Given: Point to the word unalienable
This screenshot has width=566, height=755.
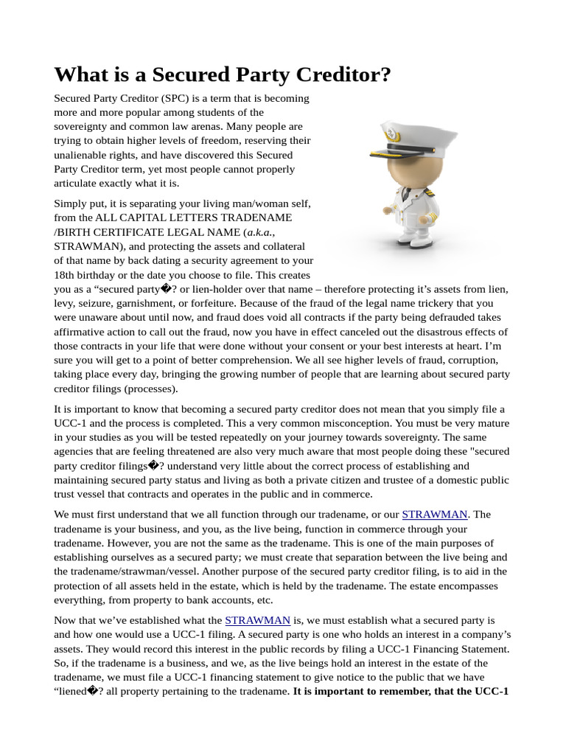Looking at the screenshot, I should [82, 155].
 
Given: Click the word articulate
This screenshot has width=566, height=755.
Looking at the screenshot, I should [77, 183].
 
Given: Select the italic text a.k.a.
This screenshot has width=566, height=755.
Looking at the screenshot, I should [259, 232].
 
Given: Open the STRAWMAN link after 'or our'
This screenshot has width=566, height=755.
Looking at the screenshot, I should [435, 515].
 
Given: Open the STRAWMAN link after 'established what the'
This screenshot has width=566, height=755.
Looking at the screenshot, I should [257, 621].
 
